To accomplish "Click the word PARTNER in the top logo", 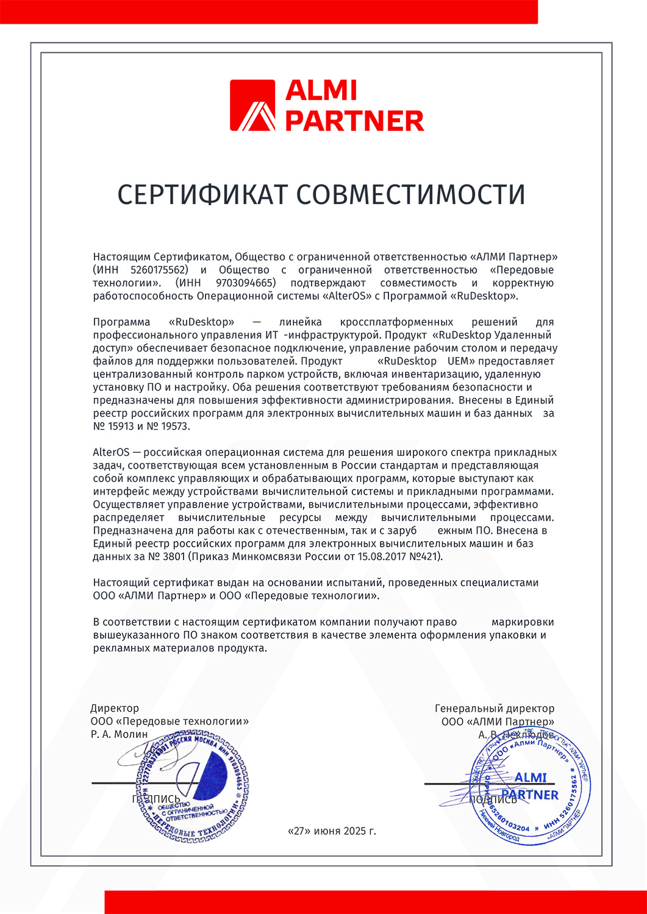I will coord(354,121).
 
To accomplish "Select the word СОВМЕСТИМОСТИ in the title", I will coord(410,194).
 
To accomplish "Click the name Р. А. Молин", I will coord(119,734).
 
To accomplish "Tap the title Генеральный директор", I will coord(494,708).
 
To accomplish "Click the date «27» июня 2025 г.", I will coord(331,831).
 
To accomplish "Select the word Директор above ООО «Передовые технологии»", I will coord(115,708).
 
